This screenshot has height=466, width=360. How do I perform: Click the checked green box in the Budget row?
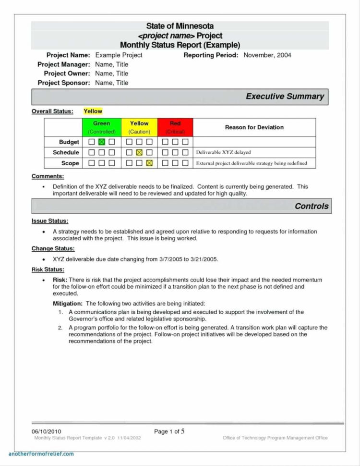101,142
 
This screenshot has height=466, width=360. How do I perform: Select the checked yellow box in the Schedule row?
139,153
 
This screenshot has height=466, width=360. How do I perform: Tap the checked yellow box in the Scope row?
149,163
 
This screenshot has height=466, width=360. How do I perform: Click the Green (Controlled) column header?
102,127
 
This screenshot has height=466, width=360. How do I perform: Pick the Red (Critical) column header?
175,127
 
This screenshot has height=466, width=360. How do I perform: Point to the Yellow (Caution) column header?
139,127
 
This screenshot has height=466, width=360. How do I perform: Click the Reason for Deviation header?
254,127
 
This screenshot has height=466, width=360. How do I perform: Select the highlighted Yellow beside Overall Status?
93,111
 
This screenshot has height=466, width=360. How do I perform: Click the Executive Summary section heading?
285,97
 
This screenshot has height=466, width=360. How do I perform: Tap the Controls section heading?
312,206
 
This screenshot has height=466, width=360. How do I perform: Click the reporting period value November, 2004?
267,55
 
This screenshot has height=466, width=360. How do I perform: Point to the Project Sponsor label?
64,83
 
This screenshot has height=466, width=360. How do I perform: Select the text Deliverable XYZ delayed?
223,152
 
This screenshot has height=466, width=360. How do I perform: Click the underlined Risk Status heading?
48,270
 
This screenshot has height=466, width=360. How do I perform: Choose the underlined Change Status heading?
53,248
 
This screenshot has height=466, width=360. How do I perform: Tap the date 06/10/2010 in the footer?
46,431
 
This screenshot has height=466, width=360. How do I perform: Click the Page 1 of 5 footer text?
169,431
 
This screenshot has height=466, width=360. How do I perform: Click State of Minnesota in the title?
180,26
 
